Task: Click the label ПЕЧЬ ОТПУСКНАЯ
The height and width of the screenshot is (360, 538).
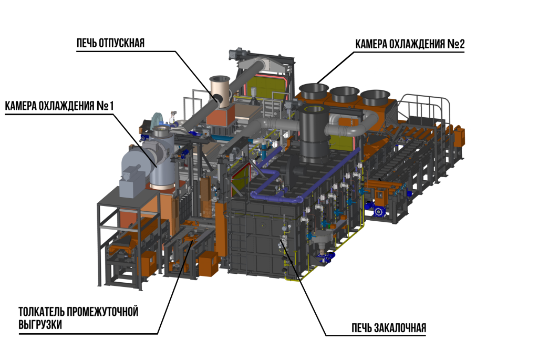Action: (110, 43)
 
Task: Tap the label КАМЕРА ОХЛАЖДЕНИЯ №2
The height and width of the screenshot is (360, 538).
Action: (410, 44)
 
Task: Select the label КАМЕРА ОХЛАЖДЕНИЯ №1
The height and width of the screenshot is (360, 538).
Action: (59, 106)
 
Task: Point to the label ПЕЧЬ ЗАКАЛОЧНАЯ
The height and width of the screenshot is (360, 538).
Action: (389, 328)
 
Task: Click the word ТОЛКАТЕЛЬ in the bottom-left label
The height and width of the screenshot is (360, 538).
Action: (42, 312)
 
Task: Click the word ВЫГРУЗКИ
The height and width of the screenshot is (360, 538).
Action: (40, 325)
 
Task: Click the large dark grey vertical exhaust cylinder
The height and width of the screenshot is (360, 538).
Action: (313, 134)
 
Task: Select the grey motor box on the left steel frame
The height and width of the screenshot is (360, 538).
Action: (132, 182)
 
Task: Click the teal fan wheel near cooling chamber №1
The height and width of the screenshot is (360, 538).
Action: (158, 121)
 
